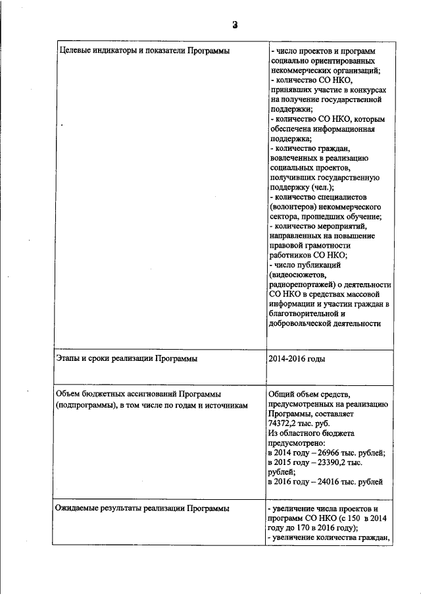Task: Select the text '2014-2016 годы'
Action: coord(297,359)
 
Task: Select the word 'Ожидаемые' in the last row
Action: coord(78,509)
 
